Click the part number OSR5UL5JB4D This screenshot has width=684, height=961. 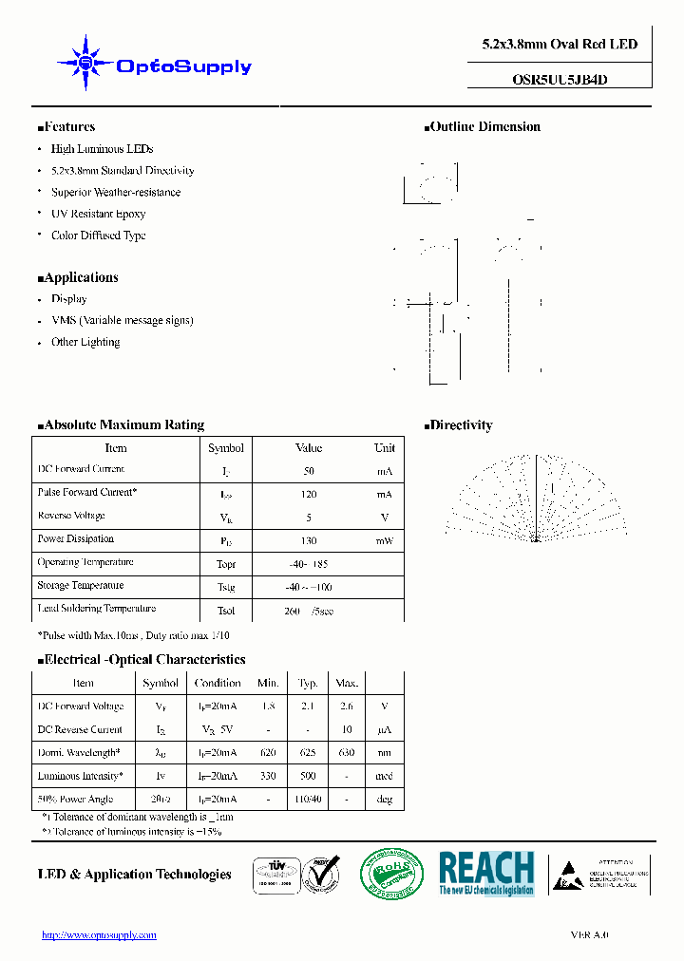click(553, 81)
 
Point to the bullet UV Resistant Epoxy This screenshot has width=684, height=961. click(98, 214)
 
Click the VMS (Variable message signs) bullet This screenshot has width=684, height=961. click(122, 320)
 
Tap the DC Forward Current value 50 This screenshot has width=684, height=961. click(309, 471)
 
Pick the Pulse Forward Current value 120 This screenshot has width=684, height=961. click(309, 494)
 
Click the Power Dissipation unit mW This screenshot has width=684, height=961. click(384, 540)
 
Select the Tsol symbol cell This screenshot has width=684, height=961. click(226, 611)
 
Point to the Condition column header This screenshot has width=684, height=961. click(218, 683)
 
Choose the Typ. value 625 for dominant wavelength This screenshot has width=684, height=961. click(308, 753)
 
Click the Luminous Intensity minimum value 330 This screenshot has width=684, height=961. click(268, 776)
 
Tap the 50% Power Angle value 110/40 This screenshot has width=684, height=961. click(308, 800)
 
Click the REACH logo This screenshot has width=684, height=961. click(486, 873)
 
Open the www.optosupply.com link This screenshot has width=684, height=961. click(100, 935)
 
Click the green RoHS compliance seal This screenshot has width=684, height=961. click(391, 874)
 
